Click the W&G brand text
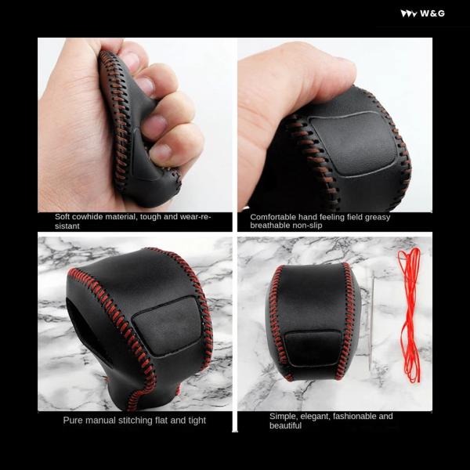click(x=432, y=13)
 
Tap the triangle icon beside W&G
click(x=409, y=14)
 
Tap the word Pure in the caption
click(x=71, y=420)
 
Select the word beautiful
click(x=285, y=425)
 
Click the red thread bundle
click(x=410, y=315)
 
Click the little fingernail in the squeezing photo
click(x=161, y=153)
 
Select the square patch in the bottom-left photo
click(x=168, y=326)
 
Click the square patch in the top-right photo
click(x=354, y=143)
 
